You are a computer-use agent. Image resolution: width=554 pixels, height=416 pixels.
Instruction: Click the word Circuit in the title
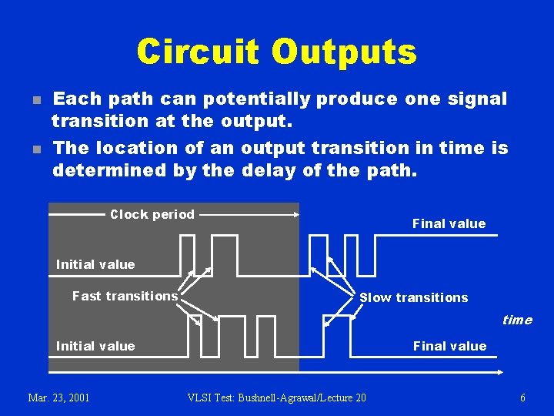198,52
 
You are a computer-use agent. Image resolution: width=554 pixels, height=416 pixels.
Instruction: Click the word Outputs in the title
344,52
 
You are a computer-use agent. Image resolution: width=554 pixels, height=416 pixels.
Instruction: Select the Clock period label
152,215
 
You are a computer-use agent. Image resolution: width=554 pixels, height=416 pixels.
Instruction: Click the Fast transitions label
125,296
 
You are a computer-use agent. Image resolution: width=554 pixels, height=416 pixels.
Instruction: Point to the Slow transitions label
414,297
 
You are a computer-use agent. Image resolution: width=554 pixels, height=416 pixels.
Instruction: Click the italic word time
516,320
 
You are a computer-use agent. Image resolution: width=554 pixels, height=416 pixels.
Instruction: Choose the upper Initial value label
95,264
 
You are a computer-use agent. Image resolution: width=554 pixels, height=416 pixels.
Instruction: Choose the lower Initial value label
95,346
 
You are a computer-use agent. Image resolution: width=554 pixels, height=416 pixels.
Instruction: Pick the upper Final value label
449,223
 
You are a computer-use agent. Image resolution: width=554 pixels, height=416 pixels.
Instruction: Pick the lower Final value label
450,346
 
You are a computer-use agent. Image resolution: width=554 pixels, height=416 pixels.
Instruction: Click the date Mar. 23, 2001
58,398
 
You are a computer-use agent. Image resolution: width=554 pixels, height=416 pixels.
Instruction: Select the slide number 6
522,398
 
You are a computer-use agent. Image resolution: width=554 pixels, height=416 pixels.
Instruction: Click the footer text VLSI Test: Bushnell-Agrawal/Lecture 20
277,398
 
